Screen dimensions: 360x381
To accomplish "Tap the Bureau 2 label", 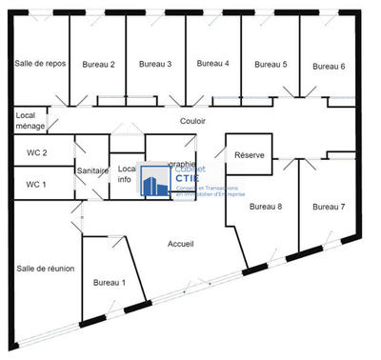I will coord(98,65).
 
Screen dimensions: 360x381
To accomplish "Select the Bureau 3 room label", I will coord(155,65).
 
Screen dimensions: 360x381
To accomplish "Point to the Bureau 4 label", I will coord(212,64).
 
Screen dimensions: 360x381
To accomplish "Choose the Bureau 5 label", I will coord(271,65).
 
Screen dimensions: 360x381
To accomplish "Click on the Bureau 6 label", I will coord(329,66).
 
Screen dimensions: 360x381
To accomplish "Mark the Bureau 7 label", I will coord(329,207).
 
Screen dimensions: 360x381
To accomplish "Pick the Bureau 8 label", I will coord(266,207).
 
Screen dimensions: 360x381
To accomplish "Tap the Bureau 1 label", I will coord(109,283).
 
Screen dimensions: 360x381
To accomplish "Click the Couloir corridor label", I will coord(193,122).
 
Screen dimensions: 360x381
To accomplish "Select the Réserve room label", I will coord(249,155).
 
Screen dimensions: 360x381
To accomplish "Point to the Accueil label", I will coord(181,245).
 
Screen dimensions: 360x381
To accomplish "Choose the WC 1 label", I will coord(36,184).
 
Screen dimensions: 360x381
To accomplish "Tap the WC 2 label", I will coord(36,152).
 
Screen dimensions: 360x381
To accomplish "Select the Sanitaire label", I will coord(92,171).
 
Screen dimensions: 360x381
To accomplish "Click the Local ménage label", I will coord(30,122).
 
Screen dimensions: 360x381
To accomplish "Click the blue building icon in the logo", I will coord(155,181).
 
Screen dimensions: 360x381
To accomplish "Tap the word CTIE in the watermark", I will coord(188,178).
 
